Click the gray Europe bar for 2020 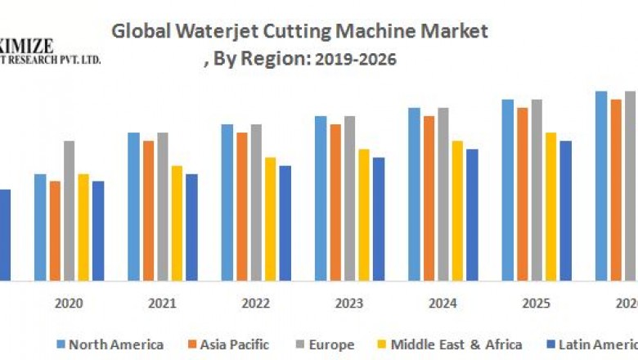[x=70, y=210]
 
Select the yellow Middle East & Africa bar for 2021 [x=177, y=223]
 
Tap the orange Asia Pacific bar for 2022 [x=241, y=206]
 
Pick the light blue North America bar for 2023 [x=321, y=198]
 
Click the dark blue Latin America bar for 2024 [x=472, y=214]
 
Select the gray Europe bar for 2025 [x=537, y=190]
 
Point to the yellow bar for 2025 [x=550, y=206]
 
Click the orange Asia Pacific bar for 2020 [x=55, y=231]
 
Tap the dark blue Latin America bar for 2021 [x=191, y=227]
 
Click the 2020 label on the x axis [x=69, y=304]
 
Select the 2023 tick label [x=348, y=304]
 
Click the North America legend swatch [x=61, y=344]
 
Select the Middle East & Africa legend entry [x=450, y=344]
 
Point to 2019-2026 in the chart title [x=357, y=60]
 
